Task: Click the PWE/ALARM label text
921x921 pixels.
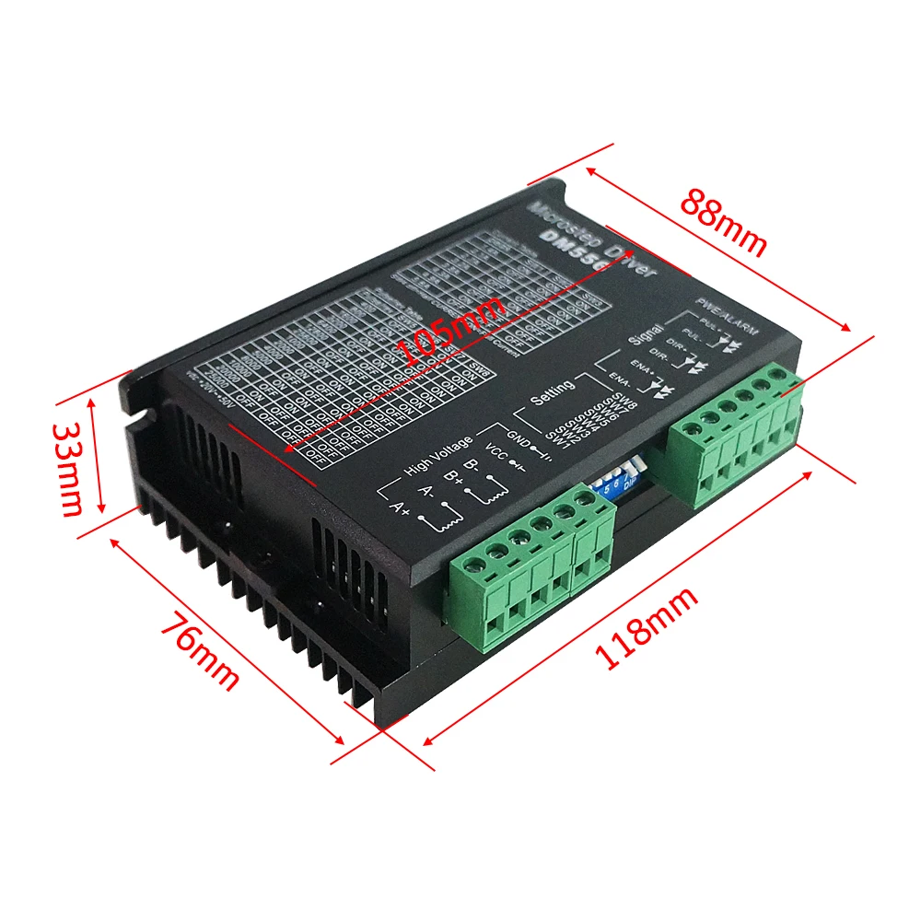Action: click(724, 310)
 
